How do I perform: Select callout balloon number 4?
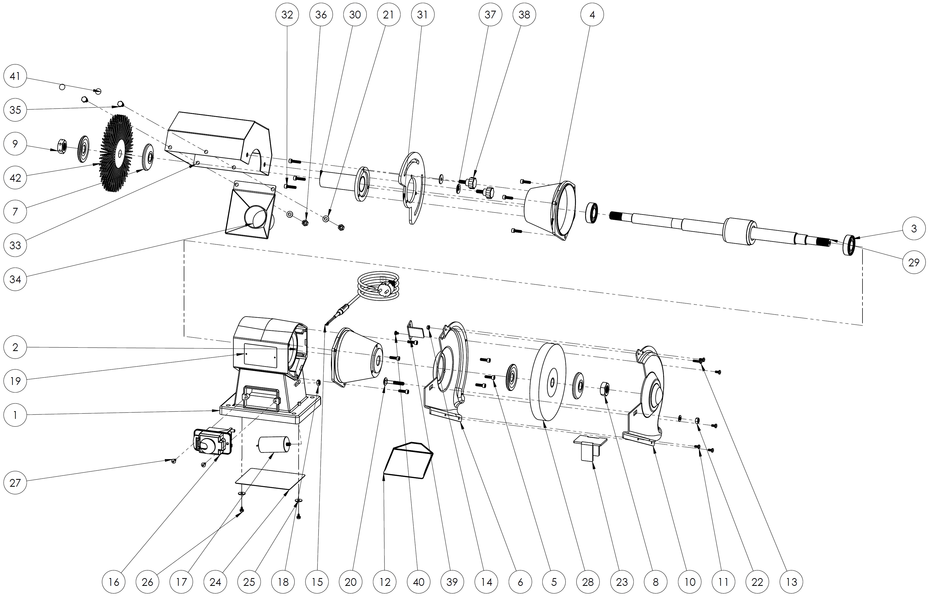(x=592, y=15)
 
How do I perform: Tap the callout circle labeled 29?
(x=914, y=262)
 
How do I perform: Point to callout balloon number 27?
(x=15, y=483)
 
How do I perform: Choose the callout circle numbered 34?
(x=15, y=279)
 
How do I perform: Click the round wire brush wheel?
(x=116, y=153)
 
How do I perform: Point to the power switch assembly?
(x=212, y=441)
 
